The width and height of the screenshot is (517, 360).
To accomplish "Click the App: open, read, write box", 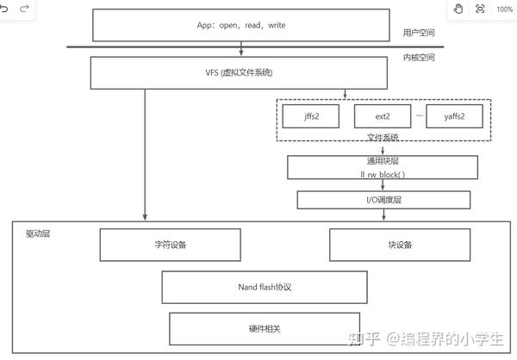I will (x=241, y=25).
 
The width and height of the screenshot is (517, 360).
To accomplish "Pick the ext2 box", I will (x=382, y=115).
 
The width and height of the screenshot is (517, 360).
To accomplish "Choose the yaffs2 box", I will (x=457, y=115).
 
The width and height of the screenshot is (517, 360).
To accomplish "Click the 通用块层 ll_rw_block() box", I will (x=383, y=167).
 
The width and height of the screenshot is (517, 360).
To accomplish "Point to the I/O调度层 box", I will (x=383, y=200).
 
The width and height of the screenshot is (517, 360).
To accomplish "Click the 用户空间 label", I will (x=418, y=34).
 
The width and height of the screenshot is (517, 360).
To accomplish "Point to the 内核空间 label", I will (x=418, y=58).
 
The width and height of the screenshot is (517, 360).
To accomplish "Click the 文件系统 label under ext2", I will (x=383, y=136).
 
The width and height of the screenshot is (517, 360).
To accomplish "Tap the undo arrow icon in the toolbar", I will (x=7, y=9).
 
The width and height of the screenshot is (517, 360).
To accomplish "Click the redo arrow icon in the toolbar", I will (x=24, y=9).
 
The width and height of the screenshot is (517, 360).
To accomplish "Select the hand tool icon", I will (x=458, y=9).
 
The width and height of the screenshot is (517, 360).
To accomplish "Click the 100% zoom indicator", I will (x=504, y=9).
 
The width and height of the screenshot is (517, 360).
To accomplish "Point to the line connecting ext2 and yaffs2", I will (x=419, y=115).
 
